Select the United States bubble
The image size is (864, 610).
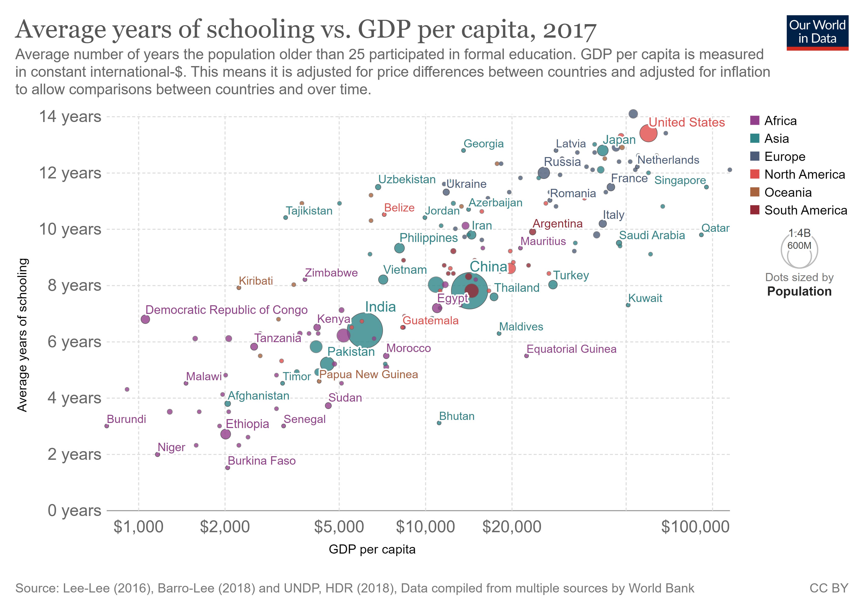pos(648,133)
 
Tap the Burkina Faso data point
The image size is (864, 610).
pos(227,468)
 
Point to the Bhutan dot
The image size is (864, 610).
pos(439,423)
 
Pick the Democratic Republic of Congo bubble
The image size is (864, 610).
pos(145,319)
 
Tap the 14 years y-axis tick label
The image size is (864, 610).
pos(70,117)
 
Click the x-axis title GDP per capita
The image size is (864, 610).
pos(372,550)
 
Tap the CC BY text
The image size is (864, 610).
pos(829,588)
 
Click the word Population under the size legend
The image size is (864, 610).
pos(799,291)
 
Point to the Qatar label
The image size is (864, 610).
pos(715,228)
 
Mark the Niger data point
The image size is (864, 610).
pos(157,455)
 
